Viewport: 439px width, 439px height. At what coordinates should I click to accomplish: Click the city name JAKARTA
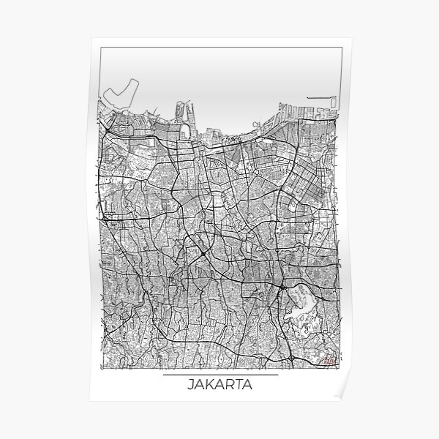pyautogui.click(x=219, y=385)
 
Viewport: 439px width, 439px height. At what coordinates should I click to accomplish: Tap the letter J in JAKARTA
pyautogui.click(x=190, y=385)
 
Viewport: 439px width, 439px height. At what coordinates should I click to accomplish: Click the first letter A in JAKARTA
pyautogui.click(x=199, y=385)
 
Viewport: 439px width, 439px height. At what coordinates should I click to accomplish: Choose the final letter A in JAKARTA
pyautogui.click(x=249, y=385)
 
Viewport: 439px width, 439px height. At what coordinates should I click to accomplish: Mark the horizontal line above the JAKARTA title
pyautogui.click(x=219, y=375)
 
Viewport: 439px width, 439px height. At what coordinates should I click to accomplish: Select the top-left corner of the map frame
pyautogui.click(x=100, y=48)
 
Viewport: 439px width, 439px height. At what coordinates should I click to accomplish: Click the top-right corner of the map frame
pyautogui.click(x=339, y=48)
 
